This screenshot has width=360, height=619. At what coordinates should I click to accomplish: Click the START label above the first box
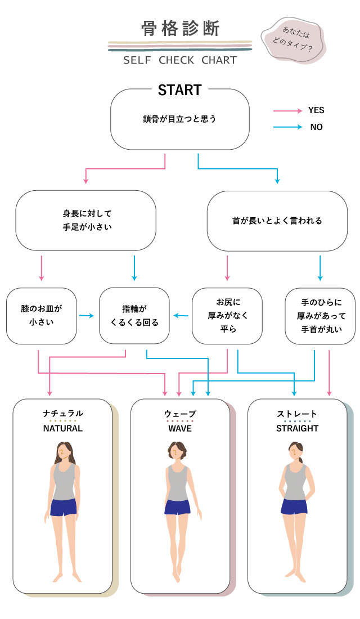click(x=179, y=90)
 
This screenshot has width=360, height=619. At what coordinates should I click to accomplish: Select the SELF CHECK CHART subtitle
click(x=180, y=60)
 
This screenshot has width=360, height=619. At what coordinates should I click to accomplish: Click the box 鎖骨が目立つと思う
click(x=179, y=119)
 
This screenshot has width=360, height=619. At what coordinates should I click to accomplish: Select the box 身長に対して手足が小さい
click(x=85, y=221)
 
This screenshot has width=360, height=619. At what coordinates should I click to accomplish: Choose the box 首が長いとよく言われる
click(x=277, y=221)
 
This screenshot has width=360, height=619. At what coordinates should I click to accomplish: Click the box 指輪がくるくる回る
click(x=134, y=316)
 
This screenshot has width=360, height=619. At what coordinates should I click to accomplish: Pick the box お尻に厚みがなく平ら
click(x=227, y=316)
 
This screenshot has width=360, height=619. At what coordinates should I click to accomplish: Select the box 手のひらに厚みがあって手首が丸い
click(x=320, y=316)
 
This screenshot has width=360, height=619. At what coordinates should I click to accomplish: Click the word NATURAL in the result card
click(x=63, y=428)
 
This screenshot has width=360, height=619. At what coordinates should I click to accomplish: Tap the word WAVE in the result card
click(x=180, y=428)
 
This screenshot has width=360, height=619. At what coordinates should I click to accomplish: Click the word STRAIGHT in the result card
click(x=297, y=428)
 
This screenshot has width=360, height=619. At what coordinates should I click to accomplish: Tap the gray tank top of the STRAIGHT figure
click(x=295, y=481)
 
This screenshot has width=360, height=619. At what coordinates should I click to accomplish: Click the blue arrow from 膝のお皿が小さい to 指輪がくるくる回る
click(x=87, y=316)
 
